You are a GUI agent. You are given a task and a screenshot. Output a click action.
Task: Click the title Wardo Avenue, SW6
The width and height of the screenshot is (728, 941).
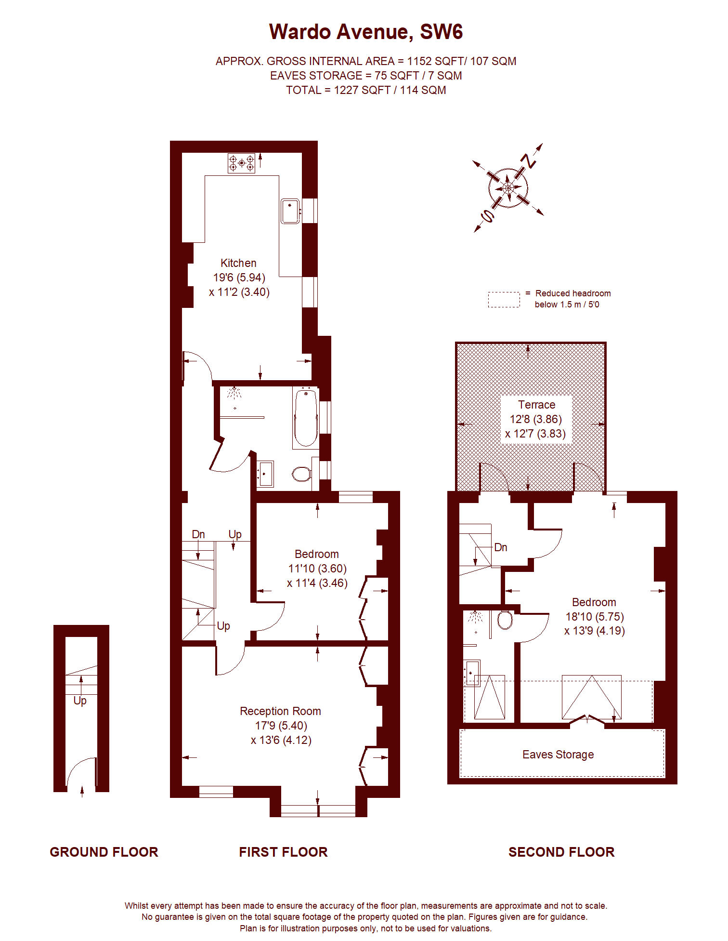point(365,32)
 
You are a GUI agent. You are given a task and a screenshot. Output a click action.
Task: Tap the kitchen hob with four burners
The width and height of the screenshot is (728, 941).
point(241,163)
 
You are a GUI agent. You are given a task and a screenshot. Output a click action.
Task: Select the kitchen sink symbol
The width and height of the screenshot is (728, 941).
point(290,211)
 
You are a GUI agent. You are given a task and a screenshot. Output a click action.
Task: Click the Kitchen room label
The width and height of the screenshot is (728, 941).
point(238,263)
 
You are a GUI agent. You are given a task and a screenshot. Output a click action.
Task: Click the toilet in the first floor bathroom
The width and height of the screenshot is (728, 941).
point(302,474)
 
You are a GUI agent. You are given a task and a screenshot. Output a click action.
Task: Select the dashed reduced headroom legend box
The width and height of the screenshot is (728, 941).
point(504,299)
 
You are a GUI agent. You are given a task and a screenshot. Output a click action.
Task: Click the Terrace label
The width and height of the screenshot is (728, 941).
point(536,405)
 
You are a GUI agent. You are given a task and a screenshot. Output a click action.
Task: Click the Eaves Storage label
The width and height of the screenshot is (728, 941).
point(558,755)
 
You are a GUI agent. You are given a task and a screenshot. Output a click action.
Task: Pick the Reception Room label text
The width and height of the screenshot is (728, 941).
point(280,711)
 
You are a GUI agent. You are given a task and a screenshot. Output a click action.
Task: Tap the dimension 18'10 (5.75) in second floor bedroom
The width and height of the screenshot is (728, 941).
point(594,617)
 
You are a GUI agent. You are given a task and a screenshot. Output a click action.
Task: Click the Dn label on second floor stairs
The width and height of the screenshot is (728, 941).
point(501,547)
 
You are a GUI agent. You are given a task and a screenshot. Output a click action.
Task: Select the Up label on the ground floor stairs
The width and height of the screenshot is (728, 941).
point(80,701)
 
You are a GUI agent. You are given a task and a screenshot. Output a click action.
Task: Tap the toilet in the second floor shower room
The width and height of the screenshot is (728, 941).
point(505,620)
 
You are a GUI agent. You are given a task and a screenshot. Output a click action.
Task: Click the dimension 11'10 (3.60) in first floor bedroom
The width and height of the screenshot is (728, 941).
point(317,569)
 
